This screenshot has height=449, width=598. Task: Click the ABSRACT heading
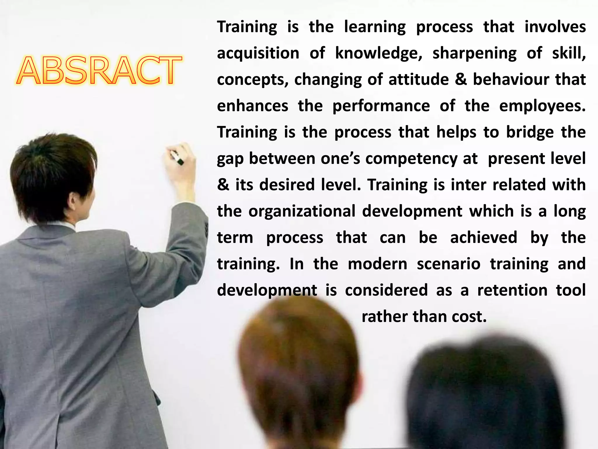pos(99,71)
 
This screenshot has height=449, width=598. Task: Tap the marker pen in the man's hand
pos(177,158)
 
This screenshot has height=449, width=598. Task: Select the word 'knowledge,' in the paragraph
pos(378,54)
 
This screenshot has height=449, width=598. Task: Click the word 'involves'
pos(555,27)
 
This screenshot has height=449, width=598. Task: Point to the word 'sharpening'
pos(474,54)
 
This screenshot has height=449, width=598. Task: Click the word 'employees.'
pos(542,106)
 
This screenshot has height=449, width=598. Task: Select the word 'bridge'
pos(530,132)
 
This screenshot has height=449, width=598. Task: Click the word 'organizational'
pos(302,211)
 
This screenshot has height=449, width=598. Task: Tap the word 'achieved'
pos(484,237)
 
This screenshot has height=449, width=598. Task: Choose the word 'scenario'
pos(448,264)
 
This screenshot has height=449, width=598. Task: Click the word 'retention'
pos(512,290)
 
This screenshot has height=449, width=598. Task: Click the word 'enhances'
pos(253,106)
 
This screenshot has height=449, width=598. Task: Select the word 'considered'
pos(386,290)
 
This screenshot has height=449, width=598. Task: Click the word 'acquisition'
pos(258,54)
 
